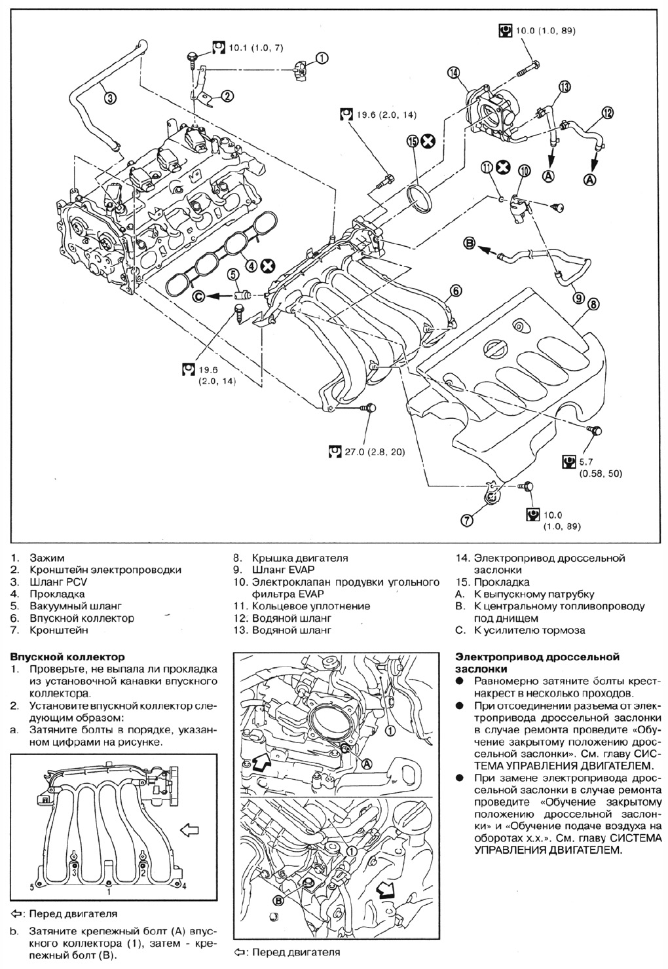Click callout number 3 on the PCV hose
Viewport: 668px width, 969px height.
click(x=111, y=98)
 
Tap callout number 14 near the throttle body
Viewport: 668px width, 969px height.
click(x=453, y=73)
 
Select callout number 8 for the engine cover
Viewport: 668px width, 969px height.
click(x=593, y=304)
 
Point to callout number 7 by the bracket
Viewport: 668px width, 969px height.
click(x=467, y=521)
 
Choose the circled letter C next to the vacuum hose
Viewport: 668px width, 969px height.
click(x=199, y=297)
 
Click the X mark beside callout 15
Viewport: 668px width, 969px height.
click(x=428, y=141)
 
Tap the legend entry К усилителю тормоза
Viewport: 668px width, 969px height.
click(x=529, y=631)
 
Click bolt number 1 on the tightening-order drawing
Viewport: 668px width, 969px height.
click(x=109, y=890)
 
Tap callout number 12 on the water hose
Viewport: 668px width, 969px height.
click(x=608, y=113)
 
